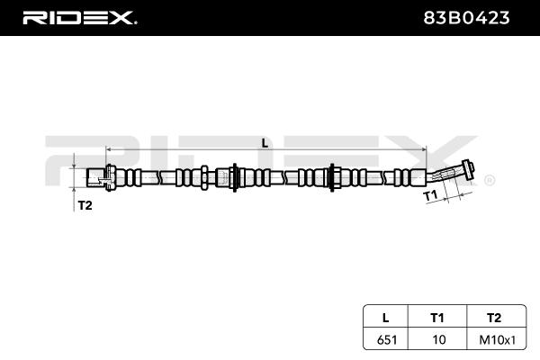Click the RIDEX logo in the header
click(79, 18)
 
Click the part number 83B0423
click(466, 18)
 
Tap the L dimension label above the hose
click(265, 143)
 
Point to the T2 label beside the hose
click(85, 205)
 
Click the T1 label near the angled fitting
click(430, 195)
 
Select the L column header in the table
click(386, 318)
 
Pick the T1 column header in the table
click(437, 318)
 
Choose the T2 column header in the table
click(494, 318)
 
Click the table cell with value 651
click(387, 340)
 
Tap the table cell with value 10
click(439, 340)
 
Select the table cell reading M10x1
click(498, 340)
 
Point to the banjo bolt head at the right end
click(468, 169)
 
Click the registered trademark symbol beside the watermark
click(490, 181)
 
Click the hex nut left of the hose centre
click(204, 177)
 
